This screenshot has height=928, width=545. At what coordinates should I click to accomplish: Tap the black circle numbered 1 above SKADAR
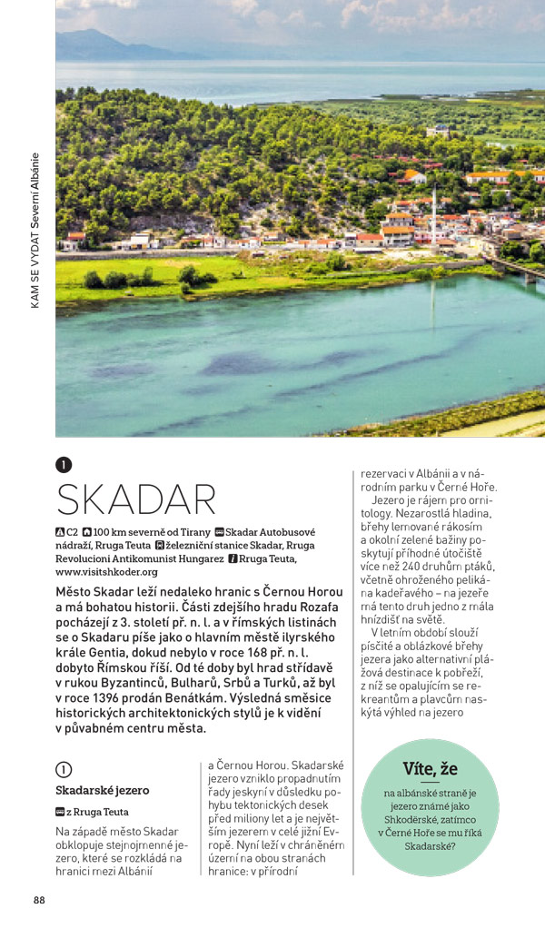pos(63,465)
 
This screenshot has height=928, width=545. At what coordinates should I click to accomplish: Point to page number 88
pos(39,900)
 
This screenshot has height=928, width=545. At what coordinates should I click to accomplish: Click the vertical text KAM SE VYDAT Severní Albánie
pos(35,232)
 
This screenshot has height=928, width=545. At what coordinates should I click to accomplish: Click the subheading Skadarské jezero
pos(102,790)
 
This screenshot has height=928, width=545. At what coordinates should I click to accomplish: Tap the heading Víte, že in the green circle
pos(430,770)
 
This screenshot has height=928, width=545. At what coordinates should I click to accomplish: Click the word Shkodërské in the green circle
pos(430,820)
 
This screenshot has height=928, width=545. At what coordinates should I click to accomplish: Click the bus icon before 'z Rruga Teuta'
pos(60,812)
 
